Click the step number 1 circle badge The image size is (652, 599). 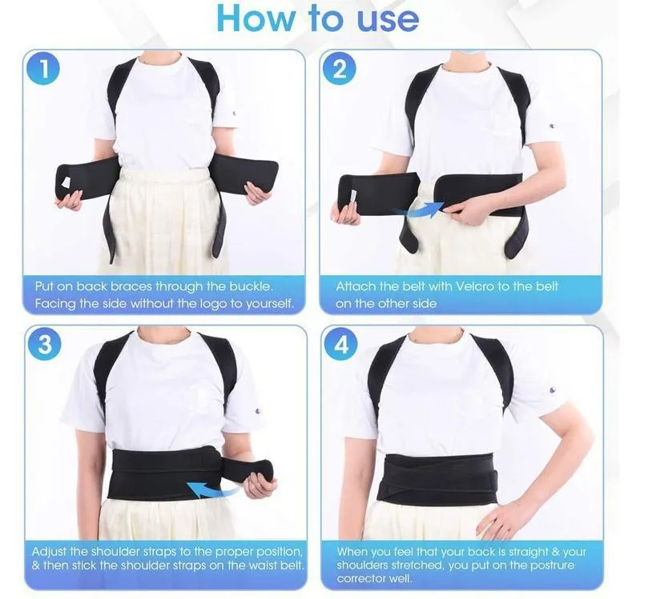[43, 69]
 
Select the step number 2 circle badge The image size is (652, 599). [340, 69]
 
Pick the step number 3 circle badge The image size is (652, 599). [45, 344]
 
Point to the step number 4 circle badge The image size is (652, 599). [341, 344]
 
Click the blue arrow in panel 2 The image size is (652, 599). [423, 210]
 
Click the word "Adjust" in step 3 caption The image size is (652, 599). [50, 552]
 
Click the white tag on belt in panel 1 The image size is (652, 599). [66, 182]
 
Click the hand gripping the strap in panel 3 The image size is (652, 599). [260, 484]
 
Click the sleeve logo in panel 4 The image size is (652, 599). [552, 389]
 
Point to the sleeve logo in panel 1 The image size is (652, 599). [234, 113]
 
